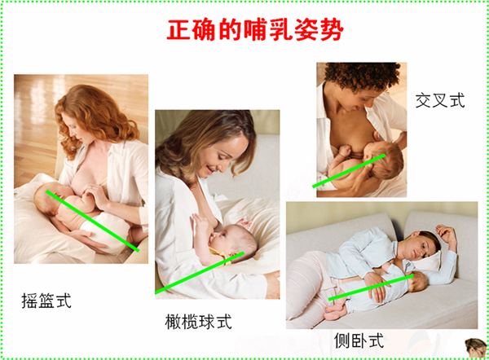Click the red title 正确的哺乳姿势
tap(255, 30)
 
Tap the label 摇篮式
tap(46, 301)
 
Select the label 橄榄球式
tap(198, 322)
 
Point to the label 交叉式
tap(440, 100)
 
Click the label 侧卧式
tap(359, 340)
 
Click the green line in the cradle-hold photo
tap(92, 221)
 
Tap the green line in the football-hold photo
tap(200, 273)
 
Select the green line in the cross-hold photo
tap(349, 171)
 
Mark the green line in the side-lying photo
tap(371, 288)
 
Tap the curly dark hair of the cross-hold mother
tap(362, 76)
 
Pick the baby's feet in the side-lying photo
tap(334, 312)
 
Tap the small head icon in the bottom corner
tap(476, 348)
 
